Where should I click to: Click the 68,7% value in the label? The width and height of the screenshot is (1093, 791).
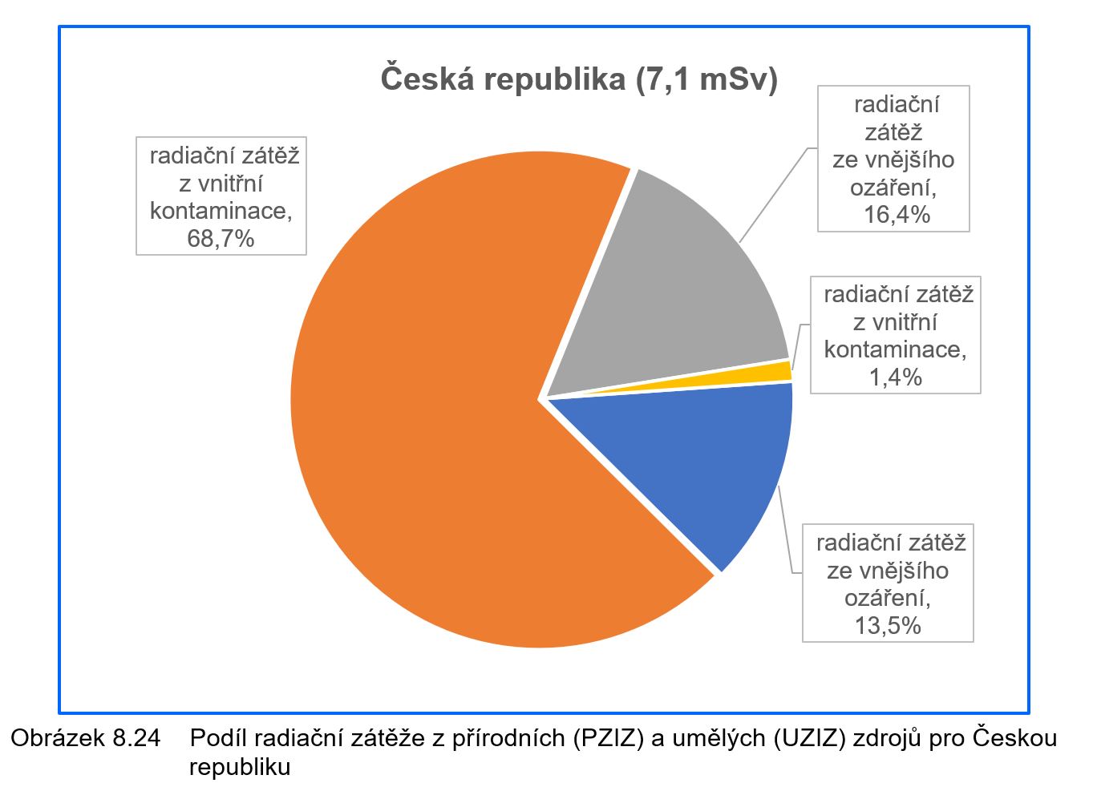point(221,238)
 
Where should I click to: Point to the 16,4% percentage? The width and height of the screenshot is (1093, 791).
point(897,214)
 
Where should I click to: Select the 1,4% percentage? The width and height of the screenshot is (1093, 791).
point(896,377)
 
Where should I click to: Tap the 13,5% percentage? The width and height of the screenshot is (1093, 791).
point(888,625)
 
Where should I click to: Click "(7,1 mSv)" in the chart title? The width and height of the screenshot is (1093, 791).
point(706,79)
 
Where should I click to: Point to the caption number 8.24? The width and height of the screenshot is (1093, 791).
point(132,737)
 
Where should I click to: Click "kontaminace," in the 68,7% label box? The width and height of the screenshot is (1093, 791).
point(221,211)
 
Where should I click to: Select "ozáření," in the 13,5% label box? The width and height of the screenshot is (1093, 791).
point(888,598)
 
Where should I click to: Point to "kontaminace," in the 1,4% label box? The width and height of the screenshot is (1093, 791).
point(895,349)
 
